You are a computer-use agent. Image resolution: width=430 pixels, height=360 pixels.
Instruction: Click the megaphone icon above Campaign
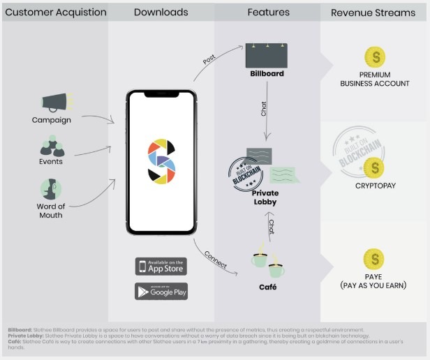click(53, 103)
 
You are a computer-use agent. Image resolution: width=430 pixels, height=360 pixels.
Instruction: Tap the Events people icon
click(51, 146)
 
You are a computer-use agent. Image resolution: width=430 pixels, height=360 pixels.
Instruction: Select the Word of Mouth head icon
click(51, 189)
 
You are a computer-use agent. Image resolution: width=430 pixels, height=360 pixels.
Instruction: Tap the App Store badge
click(161, 267)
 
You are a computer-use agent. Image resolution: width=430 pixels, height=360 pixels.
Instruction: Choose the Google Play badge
click(161, 290)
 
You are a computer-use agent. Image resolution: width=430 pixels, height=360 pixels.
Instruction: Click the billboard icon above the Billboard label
click(267, 55)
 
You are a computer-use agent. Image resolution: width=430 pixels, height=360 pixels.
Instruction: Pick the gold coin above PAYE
click(374, 259)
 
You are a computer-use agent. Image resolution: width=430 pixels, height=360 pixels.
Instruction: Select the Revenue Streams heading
click(373, 13)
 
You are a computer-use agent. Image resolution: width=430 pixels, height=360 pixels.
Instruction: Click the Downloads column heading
click(161, 13)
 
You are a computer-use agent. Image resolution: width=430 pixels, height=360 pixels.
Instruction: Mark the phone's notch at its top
click(161, 93)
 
